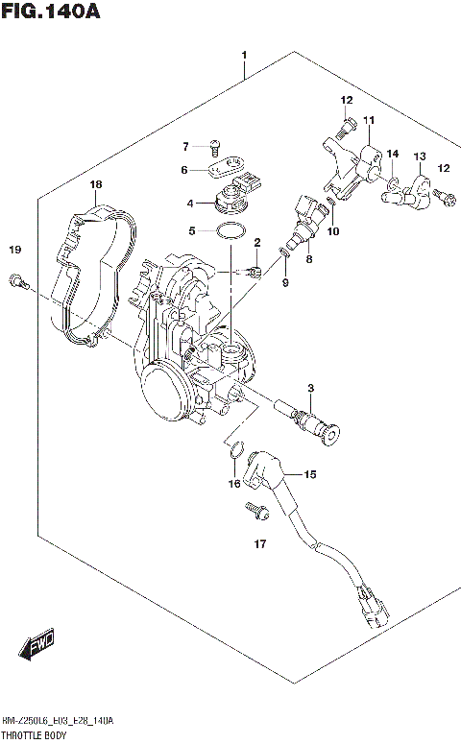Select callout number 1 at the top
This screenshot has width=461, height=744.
click(245, 56)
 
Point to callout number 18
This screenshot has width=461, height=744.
click(95, 184)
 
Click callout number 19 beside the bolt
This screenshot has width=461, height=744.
click(14, 251)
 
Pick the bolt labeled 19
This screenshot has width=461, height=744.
click(17, 280)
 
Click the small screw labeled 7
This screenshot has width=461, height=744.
click(216, 147)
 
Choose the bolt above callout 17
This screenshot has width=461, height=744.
click(257, 510)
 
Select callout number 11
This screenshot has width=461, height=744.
click(368, 120)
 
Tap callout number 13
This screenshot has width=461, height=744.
click(419, 156)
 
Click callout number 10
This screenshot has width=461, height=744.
click(333, 231)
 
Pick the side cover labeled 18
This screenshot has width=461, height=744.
click(91, 269)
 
